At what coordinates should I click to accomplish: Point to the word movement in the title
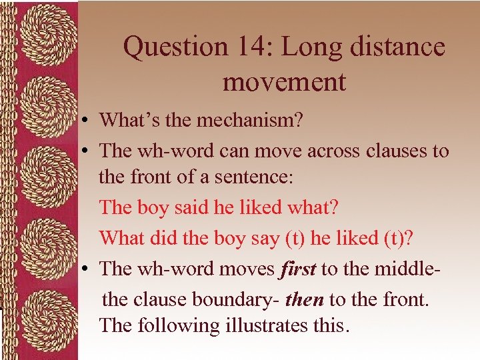(x=284, y=82)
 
